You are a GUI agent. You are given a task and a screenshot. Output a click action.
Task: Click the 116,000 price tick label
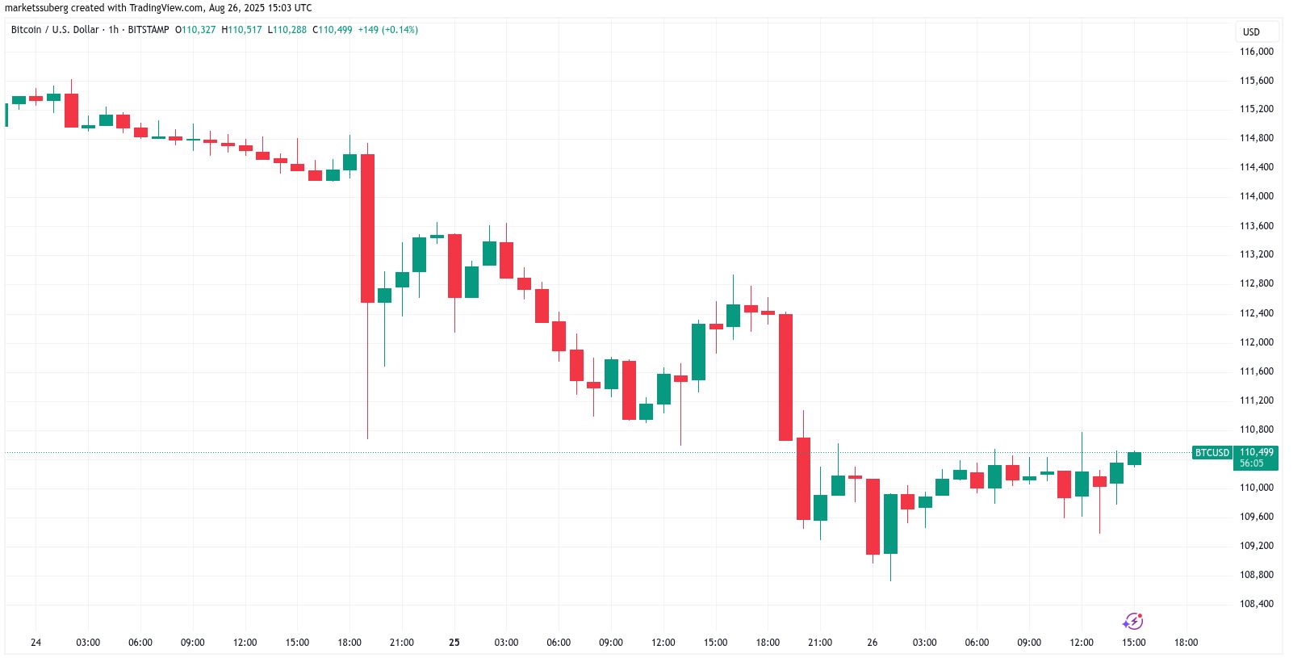(x=1256, y=52)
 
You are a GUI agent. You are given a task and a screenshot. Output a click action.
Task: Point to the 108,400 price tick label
(x=1256, y=604)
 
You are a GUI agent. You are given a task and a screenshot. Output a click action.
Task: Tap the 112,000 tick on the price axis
(x=1256, y=342)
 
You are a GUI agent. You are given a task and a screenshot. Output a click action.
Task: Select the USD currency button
(x=1251, y=32)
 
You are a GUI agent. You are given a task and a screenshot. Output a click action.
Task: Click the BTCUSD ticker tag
(x=1212, y=453)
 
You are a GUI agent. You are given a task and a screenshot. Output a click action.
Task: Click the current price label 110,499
(x=1257, y=452)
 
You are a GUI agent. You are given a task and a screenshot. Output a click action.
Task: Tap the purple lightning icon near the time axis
(x=1133, y=622)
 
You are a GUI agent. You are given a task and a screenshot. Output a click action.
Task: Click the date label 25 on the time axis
(x=454, y=643)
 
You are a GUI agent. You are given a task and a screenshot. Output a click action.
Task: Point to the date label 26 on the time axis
(x=872, y=643)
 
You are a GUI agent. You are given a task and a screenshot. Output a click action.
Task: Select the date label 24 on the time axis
(x=36, y=643)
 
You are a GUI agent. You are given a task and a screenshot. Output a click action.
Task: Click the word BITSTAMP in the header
(x=149, y=30)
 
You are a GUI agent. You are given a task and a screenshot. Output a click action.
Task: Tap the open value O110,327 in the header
(x=195, y=30)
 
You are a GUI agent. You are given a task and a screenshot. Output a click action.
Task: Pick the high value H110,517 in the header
(x=241, y=30)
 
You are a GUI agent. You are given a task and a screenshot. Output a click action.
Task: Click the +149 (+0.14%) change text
(x=387, y=30)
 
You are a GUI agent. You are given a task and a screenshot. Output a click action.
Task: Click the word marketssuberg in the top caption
(x=36, y=8)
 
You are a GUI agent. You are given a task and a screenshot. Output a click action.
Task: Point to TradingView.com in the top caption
(x=165, y=8)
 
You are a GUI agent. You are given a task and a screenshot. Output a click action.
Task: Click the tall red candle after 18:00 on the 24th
(x=367, y=228)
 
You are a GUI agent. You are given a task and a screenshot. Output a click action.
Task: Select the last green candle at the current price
(x=1134, y=459)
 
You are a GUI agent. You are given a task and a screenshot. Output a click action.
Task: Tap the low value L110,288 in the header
(x=287, y=30)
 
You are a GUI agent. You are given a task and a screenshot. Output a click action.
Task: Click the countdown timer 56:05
(x=1252, y=463)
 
